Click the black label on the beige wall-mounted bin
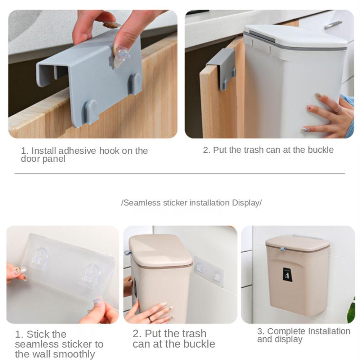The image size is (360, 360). click(287, 274)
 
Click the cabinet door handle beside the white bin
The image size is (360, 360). click(333, 24)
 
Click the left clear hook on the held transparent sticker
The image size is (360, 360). click(39, 259)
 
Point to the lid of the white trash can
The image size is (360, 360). click(296, 36)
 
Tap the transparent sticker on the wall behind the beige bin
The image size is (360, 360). click(209, 271)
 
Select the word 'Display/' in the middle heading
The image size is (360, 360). click(247, 203)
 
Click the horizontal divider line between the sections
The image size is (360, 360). click(180, 174)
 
